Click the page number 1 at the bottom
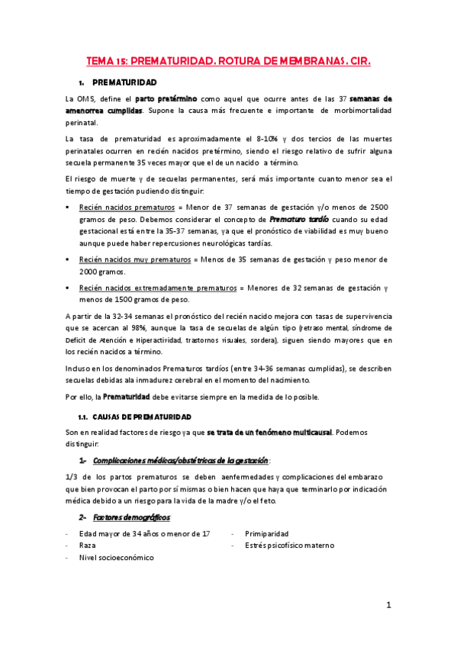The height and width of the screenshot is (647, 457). (x=388, y=605)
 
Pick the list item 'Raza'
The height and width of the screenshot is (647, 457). (x=88, y=546)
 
